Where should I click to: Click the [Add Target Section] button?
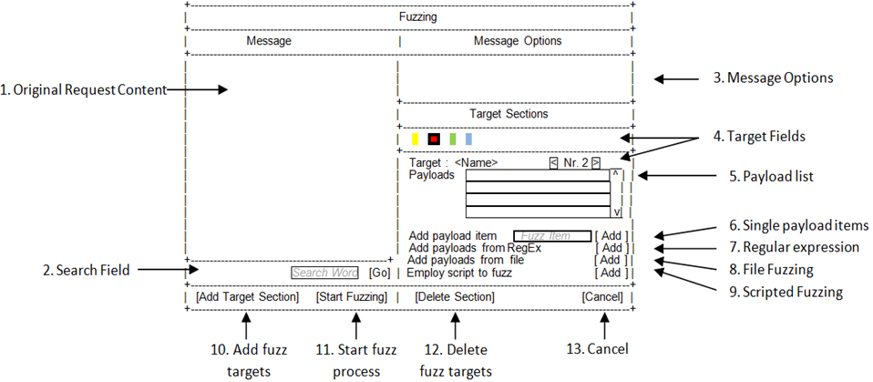[247, 297]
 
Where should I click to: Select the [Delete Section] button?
[455, 297]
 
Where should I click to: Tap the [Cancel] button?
[602, 297]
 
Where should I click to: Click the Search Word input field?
[325, 273]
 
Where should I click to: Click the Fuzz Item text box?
[552, 236]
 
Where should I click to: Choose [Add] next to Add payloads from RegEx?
[610, 248]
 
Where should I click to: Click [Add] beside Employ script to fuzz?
[610, 273]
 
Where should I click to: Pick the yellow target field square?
[416, 139]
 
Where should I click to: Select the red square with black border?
[434, 139]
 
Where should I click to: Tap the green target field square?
[452, 139]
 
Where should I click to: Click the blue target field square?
[468, 139]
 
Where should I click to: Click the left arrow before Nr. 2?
[553, 163]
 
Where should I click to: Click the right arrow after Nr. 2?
[595, 163]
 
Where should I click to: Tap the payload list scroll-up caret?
[616, 173]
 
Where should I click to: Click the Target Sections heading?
[508, 115]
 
